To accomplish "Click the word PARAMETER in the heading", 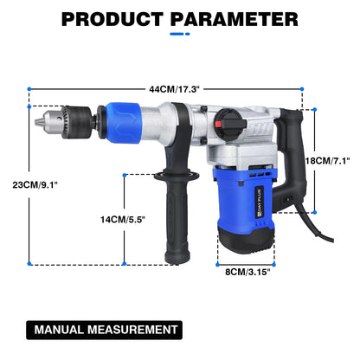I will [x=235, y=18].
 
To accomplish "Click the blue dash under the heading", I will [x=179, y=34].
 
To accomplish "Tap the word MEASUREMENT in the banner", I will [x=132, y=330].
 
